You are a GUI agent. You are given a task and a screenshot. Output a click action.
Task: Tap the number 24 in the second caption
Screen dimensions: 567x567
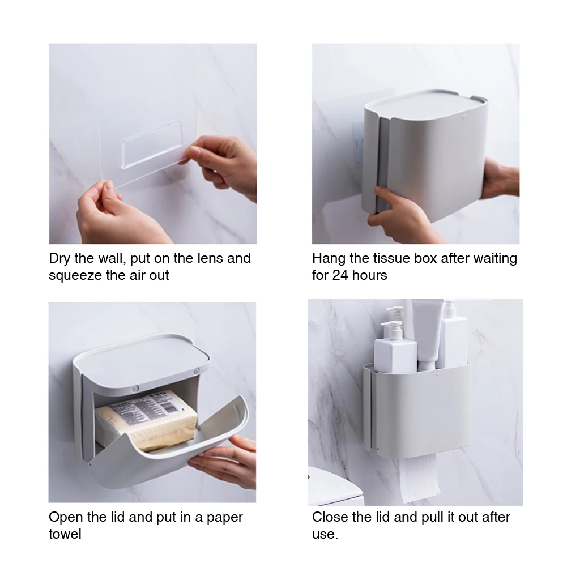pyautogui.click(x=340, y=275)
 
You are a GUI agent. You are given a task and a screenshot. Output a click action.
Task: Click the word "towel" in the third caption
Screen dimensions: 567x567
pyautogui.click(x=65, y=534)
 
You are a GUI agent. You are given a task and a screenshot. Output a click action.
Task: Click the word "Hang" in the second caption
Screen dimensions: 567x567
pyautogui.click(x=329, y=259)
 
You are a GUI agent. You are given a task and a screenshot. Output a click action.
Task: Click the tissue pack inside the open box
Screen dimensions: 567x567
pyautogui.click(x=146, y=420)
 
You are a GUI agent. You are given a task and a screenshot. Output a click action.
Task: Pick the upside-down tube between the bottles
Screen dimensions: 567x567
pyautogui.click(x=428, y=335)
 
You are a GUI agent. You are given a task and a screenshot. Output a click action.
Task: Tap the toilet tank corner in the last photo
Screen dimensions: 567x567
pyautogui.click(x=335, y=487)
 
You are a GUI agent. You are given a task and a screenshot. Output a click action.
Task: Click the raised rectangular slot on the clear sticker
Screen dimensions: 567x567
pyautogui.click(x=152, y=144)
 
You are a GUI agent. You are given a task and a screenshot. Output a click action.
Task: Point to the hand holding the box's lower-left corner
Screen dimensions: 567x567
pyautogui.click(x=402, y=214)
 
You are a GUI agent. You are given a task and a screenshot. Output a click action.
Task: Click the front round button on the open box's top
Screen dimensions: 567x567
pyautogui.click(x=135, y=389)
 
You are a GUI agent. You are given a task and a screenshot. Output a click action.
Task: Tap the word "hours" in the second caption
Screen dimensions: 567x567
pyautogui.click(x=369, y=275)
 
